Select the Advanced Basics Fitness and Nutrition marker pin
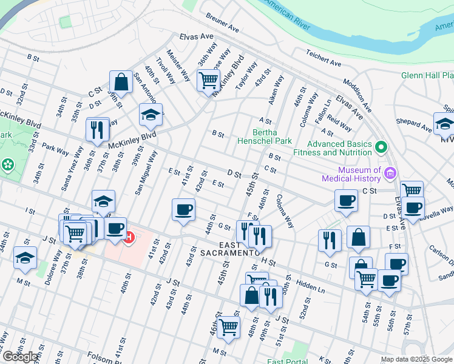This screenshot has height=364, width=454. tap(381, 147)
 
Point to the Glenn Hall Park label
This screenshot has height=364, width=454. tap(427, 76)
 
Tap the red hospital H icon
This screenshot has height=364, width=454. tap(128, 238)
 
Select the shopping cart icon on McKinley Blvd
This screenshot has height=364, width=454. tap(208, 79)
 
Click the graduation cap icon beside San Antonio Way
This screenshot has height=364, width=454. tap(151, 114)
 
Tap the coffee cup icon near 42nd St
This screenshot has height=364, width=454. tap(183, 210)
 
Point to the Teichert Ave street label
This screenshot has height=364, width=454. tap(324, 58)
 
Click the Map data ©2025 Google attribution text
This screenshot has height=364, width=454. tap(417, 359)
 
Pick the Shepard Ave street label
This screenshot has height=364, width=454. tap(415, 125)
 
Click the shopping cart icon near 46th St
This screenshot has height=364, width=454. tap(228, 326)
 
